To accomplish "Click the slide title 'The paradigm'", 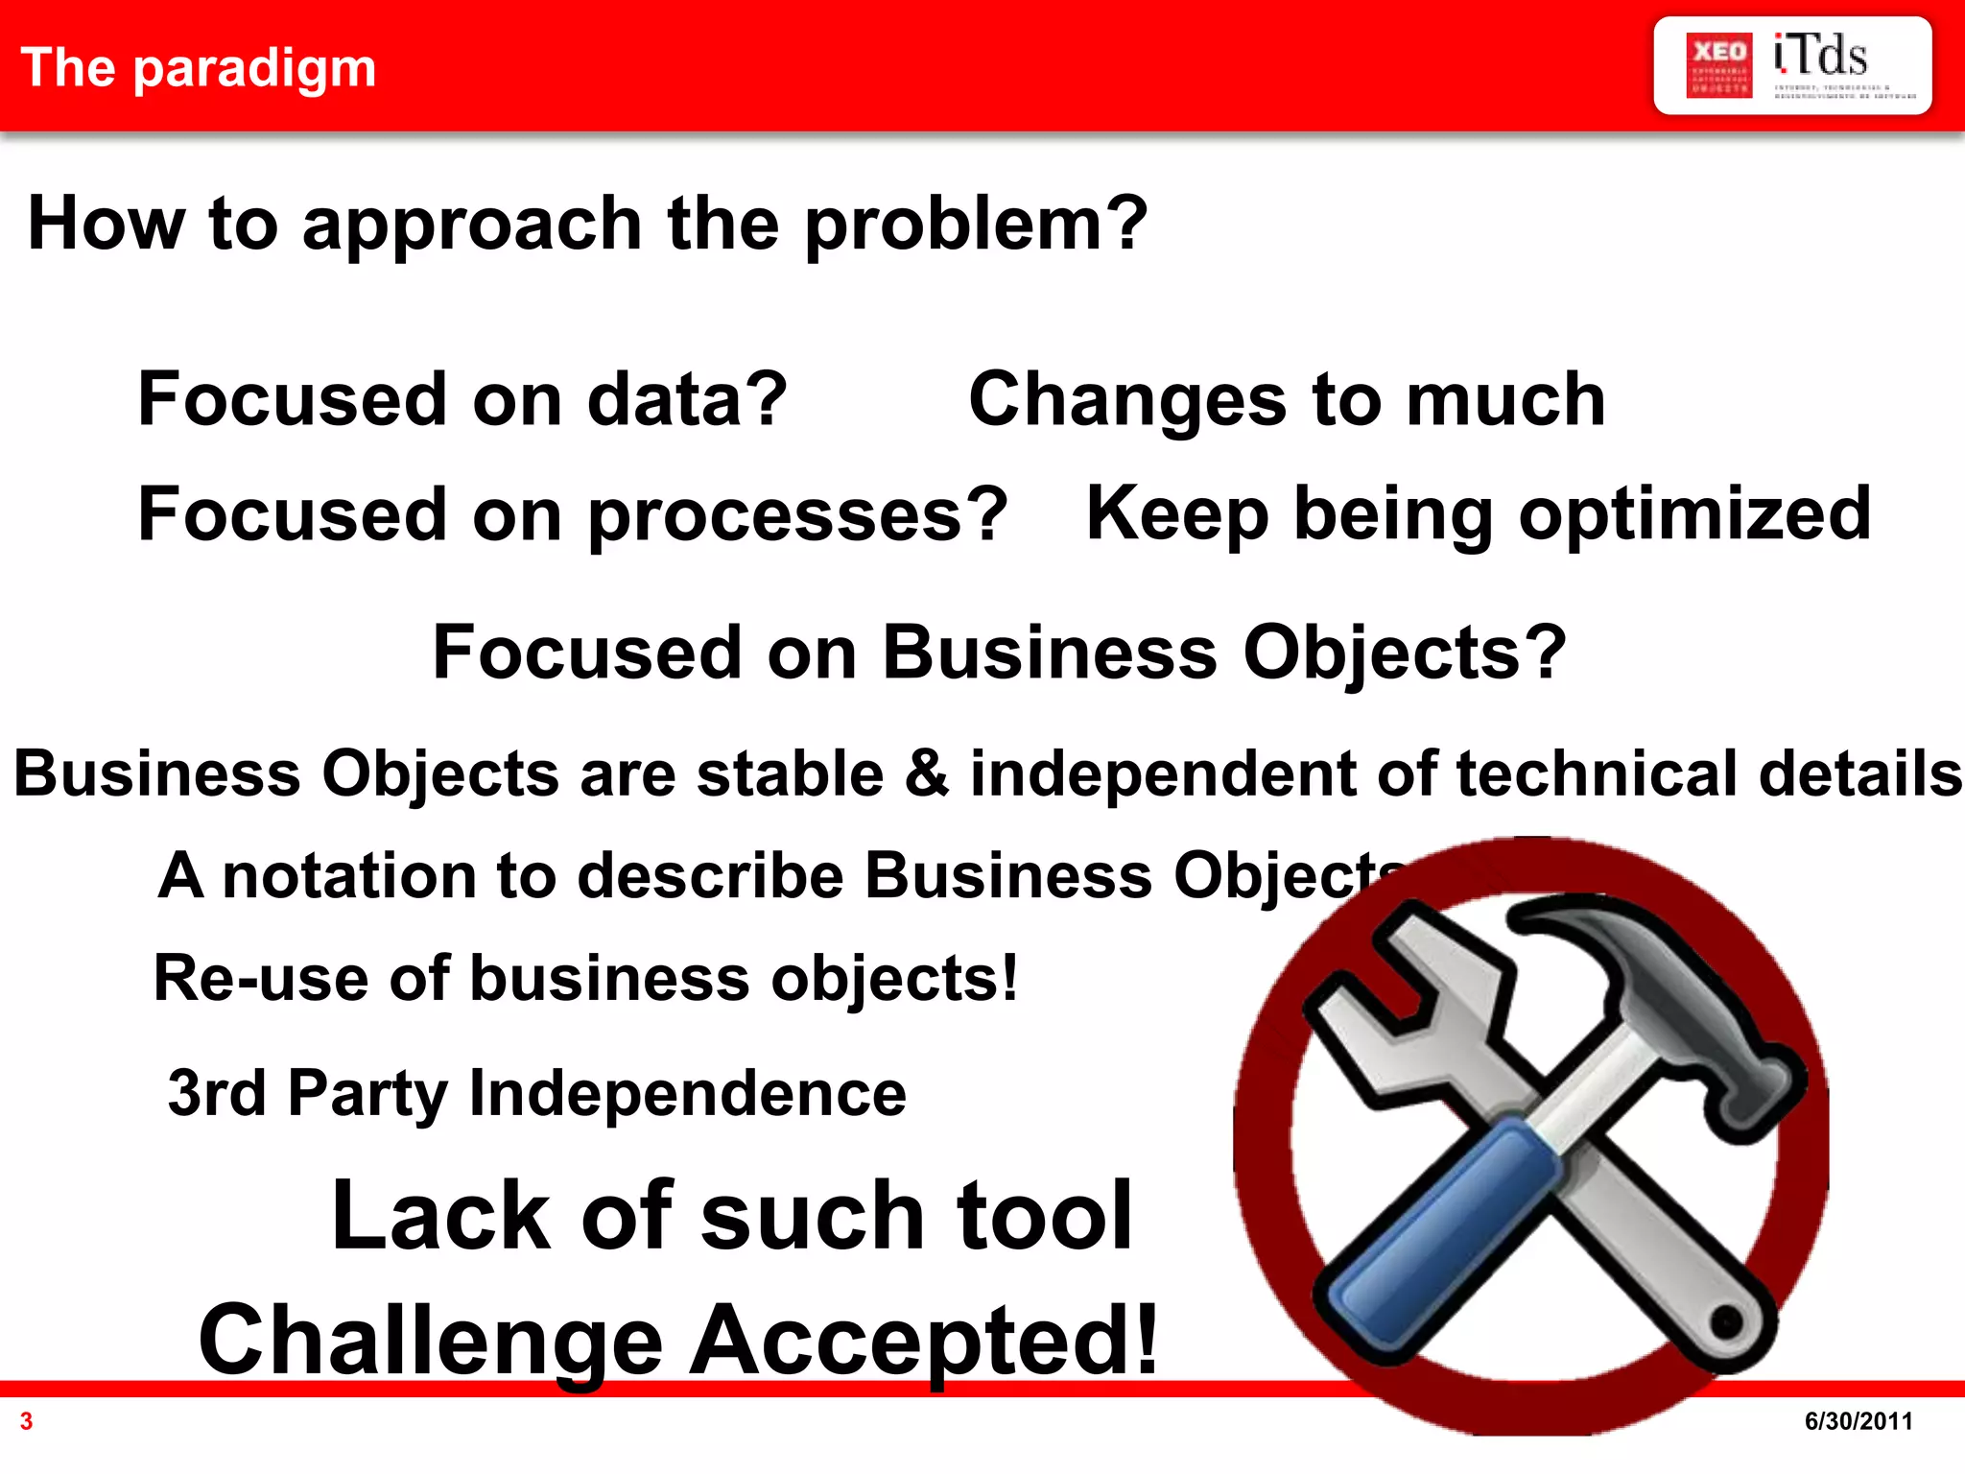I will pos(199,68).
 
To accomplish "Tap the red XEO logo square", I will pos(1718,65).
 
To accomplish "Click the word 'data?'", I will pos(687,400).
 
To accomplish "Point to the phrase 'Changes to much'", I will pos(1287,400).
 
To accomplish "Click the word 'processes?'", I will pos(797,515).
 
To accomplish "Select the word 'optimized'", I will pos(1694,515).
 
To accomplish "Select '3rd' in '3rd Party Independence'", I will pos(216,1093).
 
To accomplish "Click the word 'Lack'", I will pos(441,1216).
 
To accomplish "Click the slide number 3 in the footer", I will pos(27,1421).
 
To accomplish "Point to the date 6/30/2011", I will pos(1858,1421).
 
